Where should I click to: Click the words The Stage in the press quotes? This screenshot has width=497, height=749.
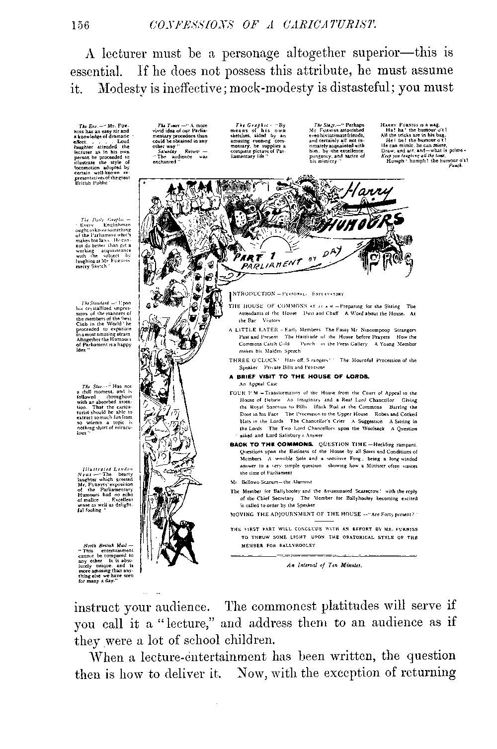tap(322, 125)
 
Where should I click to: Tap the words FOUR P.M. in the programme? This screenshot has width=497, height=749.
tap(242, 392)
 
